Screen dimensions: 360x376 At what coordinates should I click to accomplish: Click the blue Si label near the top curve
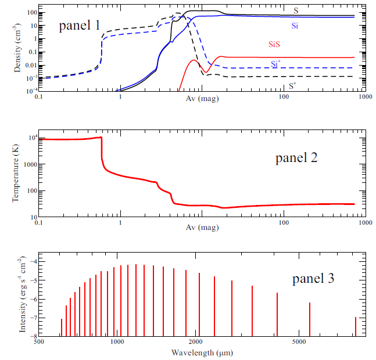pos(296,26)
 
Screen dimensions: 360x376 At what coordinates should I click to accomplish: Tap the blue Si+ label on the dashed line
pos(278,63)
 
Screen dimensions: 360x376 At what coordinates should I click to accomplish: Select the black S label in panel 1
pos(296,10)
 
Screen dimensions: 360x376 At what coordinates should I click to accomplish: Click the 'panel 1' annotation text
pos(83,25)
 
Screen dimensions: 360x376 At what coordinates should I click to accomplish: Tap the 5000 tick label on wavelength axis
pos(298,343)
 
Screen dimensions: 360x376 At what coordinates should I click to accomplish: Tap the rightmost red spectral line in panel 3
pos(356,326)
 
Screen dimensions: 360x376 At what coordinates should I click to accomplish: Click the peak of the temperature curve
pos(101,138)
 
